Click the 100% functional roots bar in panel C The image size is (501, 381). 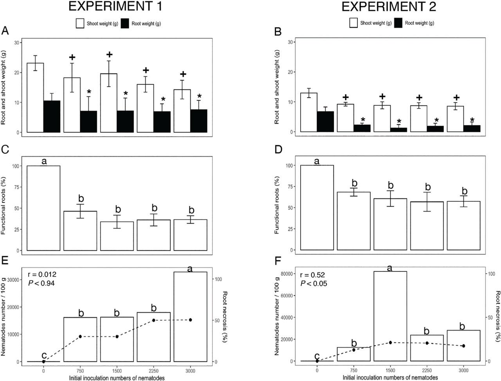coord(43,208)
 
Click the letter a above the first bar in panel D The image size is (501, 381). coord(317,161)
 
